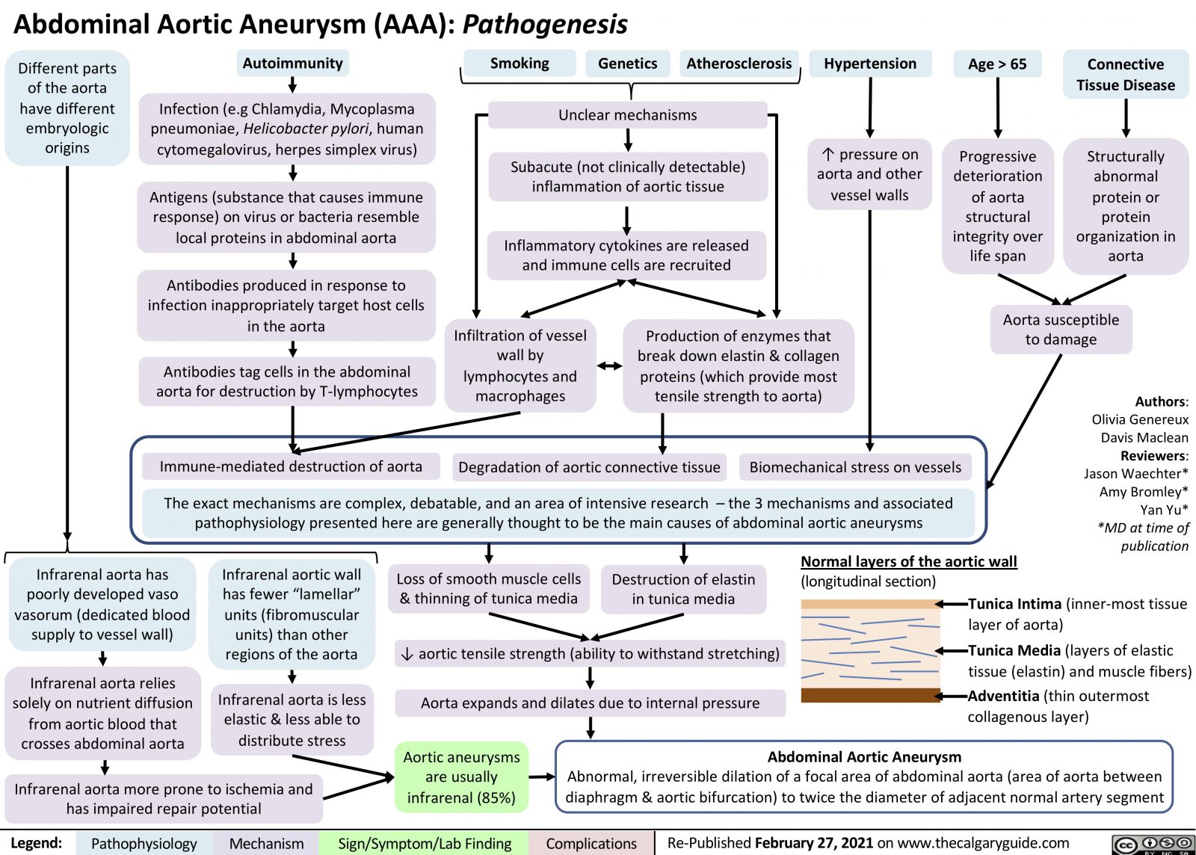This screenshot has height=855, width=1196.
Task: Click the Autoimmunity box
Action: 292,64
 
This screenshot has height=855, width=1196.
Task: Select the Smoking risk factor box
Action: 520,64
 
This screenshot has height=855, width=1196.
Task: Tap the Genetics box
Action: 627,64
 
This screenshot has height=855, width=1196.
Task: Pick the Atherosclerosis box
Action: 739,64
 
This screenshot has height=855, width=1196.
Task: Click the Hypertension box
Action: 870,64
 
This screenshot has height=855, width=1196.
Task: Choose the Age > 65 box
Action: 997,64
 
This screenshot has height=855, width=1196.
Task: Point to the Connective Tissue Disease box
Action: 1125,75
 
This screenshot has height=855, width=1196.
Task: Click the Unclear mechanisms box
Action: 627,115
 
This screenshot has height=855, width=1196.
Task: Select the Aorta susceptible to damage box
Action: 1061,330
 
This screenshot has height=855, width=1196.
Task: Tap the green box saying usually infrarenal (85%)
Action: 461,777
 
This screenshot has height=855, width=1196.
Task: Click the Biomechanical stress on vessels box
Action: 855,468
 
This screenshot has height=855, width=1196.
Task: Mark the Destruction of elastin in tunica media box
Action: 683,589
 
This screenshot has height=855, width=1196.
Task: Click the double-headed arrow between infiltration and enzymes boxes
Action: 610,366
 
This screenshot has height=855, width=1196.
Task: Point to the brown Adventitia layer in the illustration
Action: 870,695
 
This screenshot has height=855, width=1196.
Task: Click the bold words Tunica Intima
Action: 1014,604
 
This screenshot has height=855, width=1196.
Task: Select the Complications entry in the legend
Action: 591,844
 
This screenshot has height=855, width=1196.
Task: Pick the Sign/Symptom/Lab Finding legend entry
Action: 425,844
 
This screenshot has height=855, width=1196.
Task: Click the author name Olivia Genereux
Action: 1139,419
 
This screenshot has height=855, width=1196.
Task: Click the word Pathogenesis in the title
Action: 545,25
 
